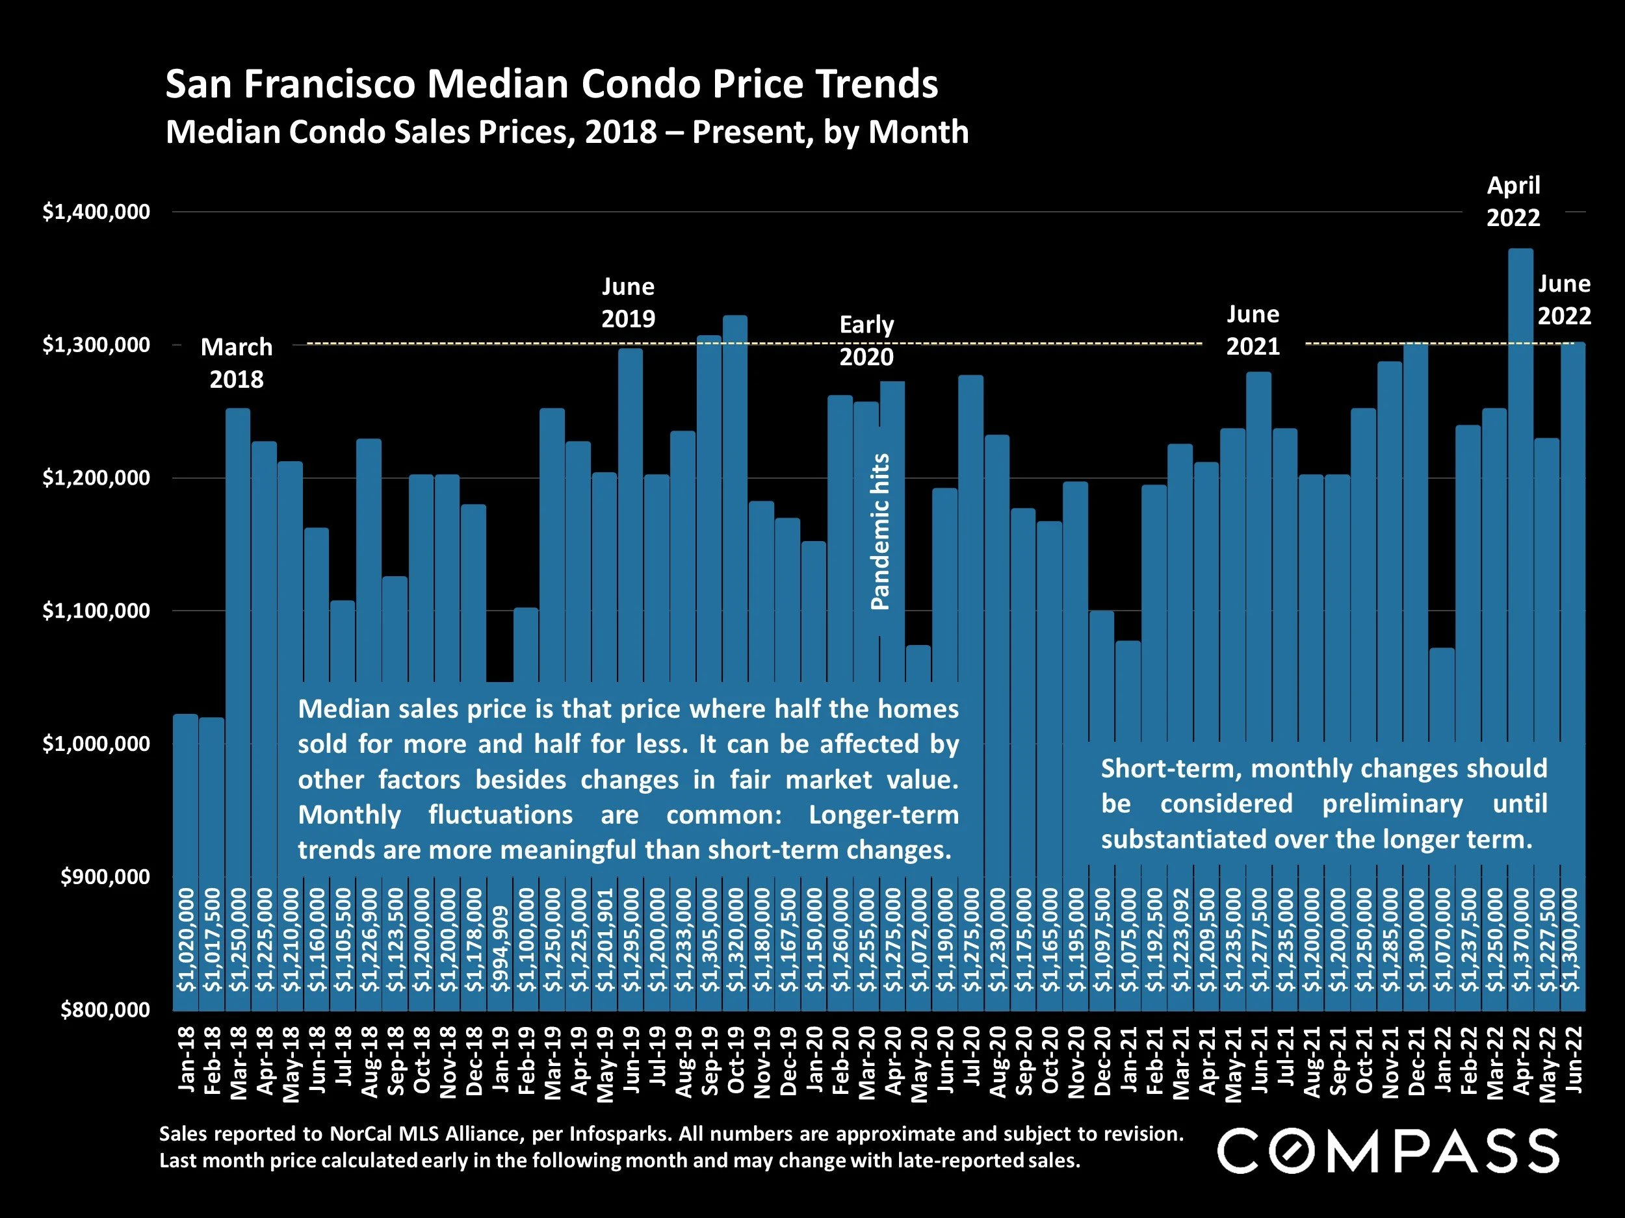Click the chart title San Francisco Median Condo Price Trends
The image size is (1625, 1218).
click(551, 84)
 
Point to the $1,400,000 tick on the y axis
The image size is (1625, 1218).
click(96, 212)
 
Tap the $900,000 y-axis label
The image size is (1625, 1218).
click(105, 876)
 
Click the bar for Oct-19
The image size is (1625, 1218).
click(734, 514)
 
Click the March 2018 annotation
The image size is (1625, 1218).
click(237, 362)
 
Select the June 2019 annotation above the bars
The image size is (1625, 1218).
click(628, 303)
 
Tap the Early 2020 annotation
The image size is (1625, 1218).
click(867, 340)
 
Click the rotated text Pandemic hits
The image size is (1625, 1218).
click(880, 531)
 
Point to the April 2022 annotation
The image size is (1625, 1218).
click(1513, 201)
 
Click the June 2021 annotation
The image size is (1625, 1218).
click(1253, 331)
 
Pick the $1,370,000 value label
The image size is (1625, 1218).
click(1521, 940)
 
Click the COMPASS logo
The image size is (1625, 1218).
click(1388, 1152)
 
